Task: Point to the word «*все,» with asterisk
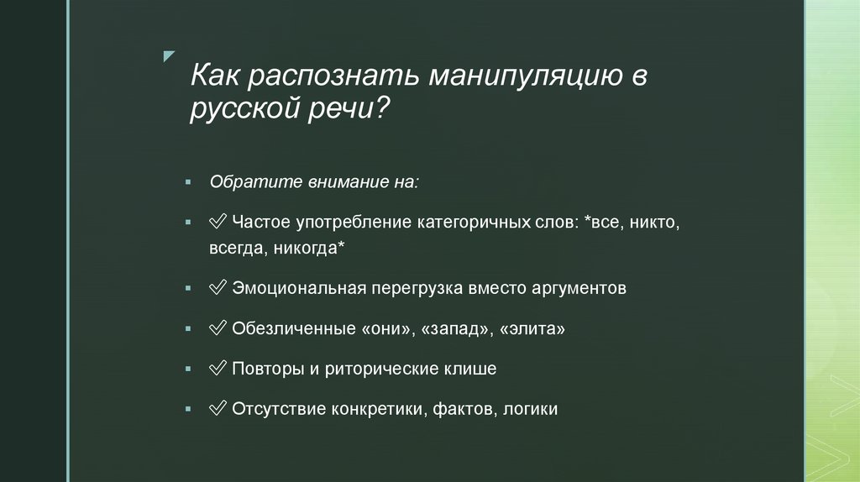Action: (603, 224)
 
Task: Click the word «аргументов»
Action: (579, 289)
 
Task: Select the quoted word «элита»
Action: (532, 329)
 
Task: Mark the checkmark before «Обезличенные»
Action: (218, 329)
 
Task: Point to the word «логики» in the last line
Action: (533, 410)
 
